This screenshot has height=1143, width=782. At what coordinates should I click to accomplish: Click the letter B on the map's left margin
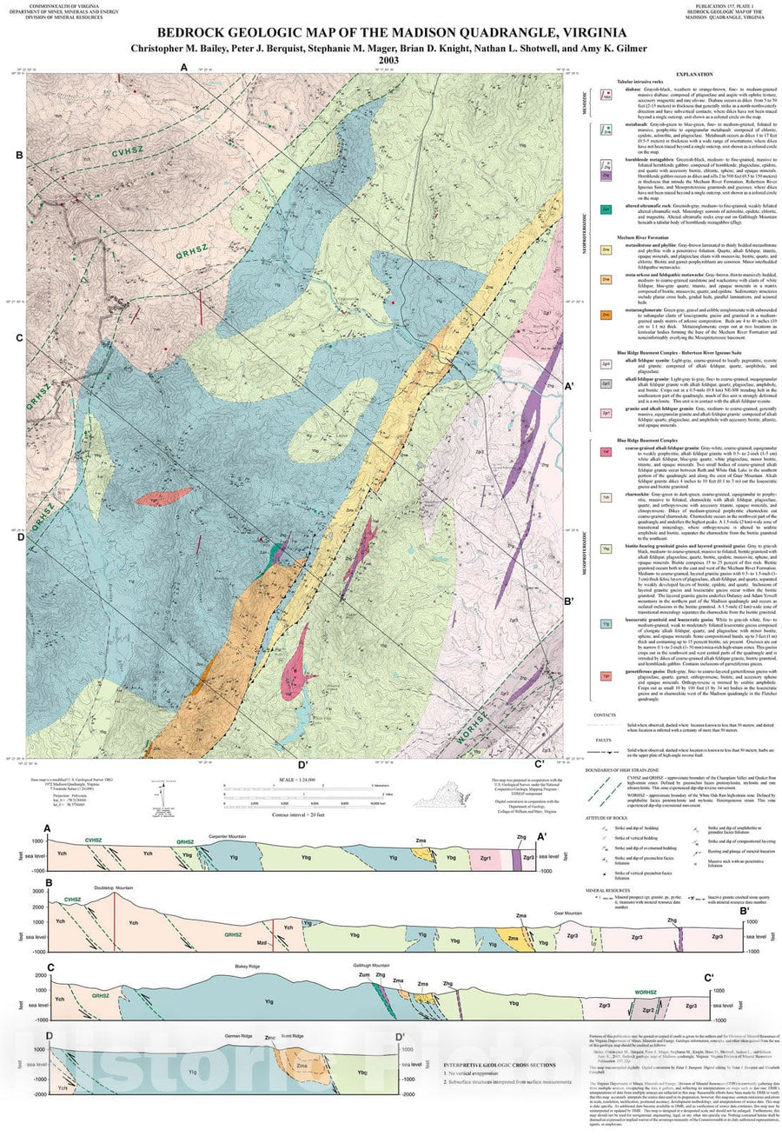coord(18,156)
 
